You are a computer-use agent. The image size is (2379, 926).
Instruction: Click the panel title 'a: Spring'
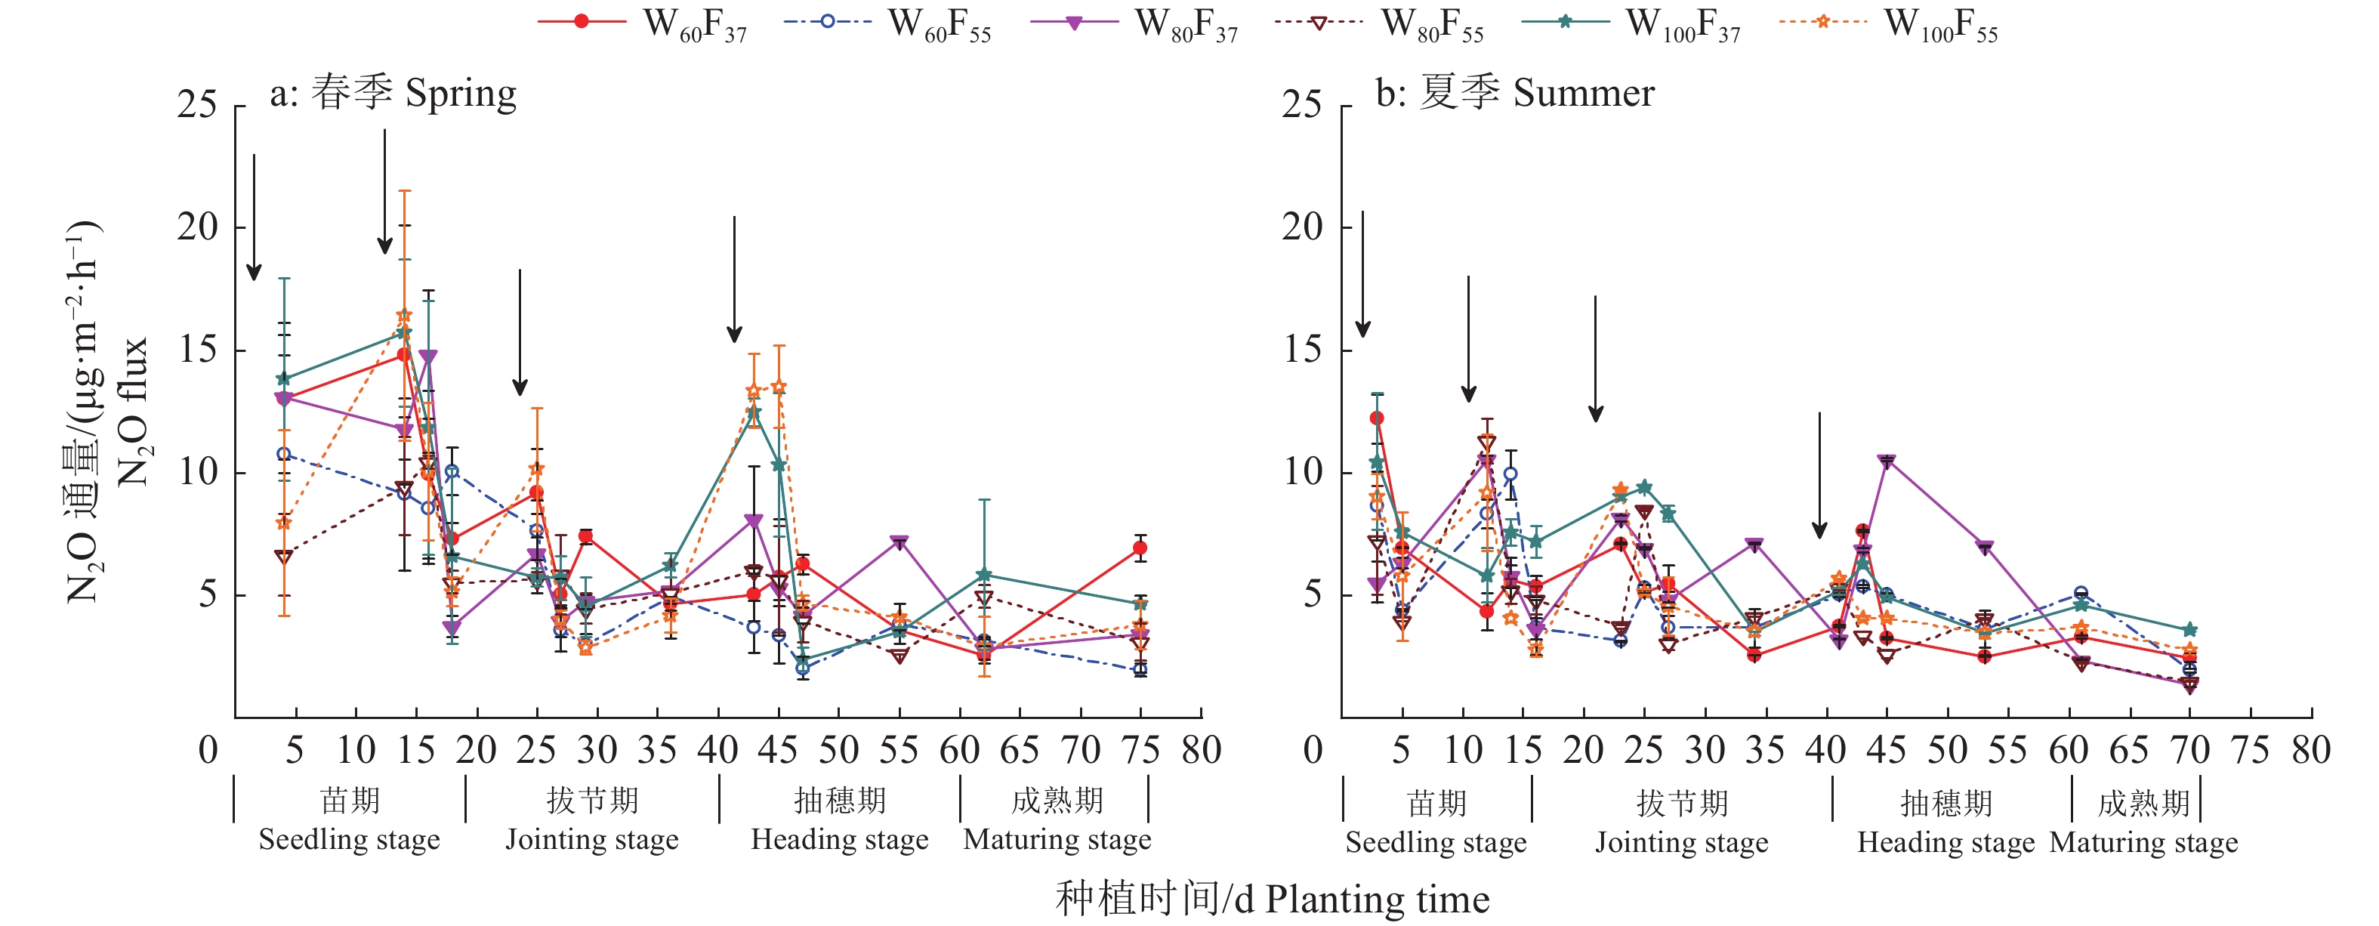393,93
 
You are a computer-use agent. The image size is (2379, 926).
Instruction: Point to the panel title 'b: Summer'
1514,93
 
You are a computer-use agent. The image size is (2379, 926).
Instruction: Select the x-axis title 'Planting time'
1272,898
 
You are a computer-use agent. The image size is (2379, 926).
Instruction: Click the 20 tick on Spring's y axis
196,227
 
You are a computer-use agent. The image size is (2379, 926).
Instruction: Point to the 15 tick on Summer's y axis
1303,350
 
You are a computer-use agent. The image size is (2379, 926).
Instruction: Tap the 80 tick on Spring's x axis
1201,750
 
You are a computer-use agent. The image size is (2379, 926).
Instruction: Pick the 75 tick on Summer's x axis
2251,750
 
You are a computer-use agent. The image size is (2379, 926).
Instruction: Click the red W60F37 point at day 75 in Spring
1140,548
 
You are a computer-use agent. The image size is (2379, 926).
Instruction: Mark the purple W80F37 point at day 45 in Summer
1887,461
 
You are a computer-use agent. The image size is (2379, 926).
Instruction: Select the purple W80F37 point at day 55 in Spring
899,542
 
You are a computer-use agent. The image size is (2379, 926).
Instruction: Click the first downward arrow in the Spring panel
254,217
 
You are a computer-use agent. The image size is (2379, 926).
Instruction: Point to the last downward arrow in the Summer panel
1819,476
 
